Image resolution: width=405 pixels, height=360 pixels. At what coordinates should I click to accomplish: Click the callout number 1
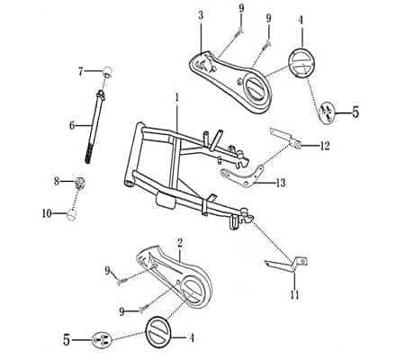[177, 96]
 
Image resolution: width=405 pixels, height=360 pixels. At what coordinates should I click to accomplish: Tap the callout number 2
[181, 242]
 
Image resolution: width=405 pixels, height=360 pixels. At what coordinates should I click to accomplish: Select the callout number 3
[200, 15]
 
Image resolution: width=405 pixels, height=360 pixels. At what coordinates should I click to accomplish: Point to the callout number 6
[72, 125]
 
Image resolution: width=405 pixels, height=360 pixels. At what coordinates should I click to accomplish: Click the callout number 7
[81, 70]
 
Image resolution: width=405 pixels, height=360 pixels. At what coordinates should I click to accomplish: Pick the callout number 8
[57, 181]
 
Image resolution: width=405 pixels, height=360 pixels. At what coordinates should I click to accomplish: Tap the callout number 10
[48, 213]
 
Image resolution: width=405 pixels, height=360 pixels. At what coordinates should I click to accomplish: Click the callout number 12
[325, 145]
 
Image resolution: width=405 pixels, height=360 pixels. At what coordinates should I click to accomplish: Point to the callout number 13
[282, 183]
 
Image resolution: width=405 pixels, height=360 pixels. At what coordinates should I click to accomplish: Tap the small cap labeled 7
[106, 72]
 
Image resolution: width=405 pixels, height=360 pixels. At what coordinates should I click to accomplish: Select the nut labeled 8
[80, 184]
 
